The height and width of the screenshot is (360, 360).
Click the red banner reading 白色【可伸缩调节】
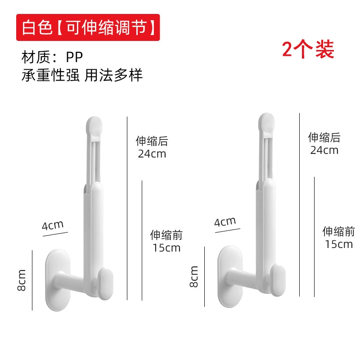pyautogui.click(x=88, y=27)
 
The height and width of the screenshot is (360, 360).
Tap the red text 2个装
pyautogui.click(x=308, y=49)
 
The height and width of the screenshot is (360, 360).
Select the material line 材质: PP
pyautogui.click(x=52, y=57)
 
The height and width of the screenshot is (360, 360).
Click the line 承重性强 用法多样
pyautogui.click(x=82, y=75)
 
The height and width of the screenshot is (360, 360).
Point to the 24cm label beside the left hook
pyautogui.click(x=152, y=154)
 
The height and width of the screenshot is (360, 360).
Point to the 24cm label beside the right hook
pyautogui.click(x=324, y=150)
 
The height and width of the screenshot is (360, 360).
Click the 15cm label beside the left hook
pyautogui.click(x=166, y=248)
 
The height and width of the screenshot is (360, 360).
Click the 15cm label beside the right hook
pyautogui.click(x=339, y=244)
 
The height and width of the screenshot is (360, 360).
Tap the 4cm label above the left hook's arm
pyautogui.click(x=53, y=225)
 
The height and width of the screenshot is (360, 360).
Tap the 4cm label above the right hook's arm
pyautogui.click(x=225, y=222)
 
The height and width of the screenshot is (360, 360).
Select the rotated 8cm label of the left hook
pyautogui.click(x=21, y=280)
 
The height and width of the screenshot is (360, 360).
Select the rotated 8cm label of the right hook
pyautogui.click(x=194, y=277)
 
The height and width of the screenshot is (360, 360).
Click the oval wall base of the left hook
pyautogui.click(x=58, y=280)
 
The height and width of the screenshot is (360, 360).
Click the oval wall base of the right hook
pyautogui.click(x=230, y=277)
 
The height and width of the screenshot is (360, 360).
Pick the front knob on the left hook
pyautogui.click(x=106, y=284)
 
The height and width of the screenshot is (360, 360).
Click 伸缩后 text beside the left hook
pyautogui.click(x=152, y=141)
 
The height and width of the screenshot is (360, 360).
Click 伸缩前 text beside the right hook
pyautogui.click(x=339, y=231)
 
